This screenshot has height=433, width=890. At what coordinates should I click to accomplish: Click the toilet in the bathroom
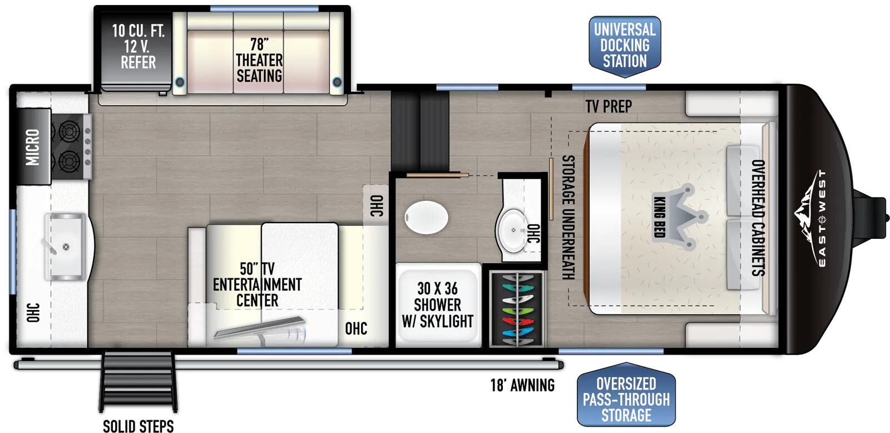[x=426, y=218]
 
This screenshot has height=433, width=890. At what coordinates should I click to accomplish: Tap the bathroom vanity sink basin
[x=512, y=230]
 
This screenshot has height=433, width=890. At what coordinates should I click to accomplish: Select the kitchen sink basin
[x=65, y=247]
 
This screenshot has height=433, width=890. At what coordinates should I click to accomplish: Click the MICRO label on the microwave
[x=33, y=147]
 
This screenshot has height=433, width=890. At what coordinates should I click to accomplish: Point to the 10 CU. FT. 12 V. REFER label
[x=139, y=47]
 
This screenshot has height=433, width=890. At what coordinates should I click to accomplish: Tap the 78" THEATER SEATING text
[x=259, y=60]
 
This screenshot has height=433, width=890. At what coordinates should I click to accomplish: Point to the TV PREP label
[x=609, y=106]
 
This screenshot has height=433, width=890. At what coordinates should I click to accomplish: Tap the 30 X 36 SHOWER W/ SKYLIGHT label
[x=437, y=305]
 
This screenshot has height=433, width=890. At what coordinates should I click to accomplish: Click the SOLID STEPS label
[x=139, y=426]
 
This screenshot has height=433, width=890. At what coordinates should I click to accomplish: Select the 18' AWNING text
[x=522, y=385]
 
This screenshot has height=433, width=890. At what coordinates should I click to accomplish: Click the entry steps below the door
[x=138, y=382]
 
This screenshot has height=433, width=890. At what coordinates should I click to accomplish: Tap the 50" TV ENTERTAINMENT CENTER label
[x=258, y=285]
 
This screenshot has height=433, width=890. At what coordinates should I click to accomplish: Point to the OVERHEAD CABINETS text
[x=758, y=218]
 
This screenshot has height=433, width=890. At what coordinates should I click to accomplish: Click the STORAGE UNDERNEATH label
[x=568, y=217]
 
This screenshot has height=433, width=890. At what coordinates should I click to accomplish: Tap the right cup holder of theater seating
[x=337, y=82]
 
